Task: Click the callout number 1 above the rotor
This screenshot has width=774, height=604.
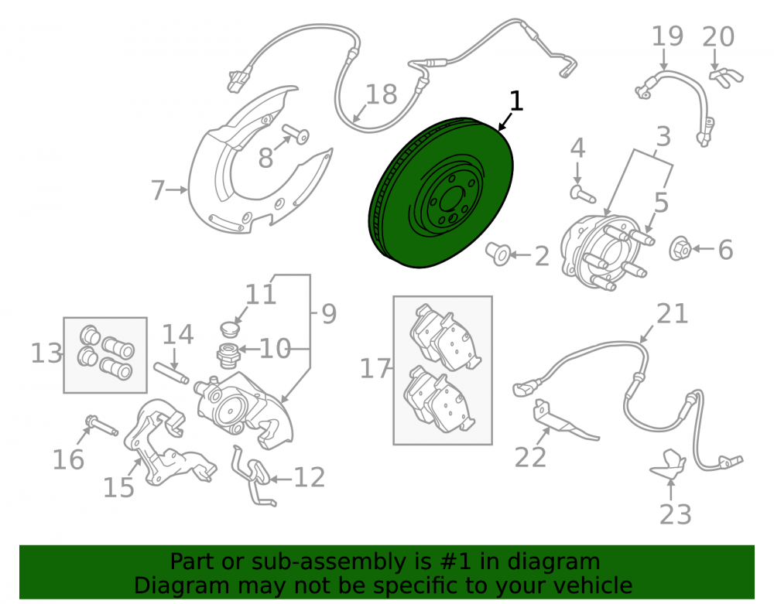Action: click(x=515, y=101)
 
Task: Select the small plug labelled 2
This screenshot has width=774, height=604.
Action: click(x=498, y=254)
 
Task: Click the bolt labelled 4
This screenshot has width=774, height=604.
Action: click(x=583, y=193)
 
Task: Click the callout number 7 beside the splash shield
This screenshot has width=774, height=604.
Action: click(x=157, y=189)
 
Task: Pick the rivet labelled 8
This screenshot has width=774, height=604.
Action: click(x=296, y=133)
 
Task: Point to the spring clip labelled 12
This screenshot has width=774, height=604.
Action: click(x=253, y=475)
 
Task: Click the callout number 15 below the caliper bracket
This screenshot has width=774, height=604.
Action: click(x=118, y=488)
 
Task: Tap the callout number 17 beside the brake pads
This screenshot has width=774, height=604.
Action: click(x=375, y=368)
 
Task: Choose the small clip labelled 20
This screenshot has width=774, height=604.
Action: click(x=726, y=77)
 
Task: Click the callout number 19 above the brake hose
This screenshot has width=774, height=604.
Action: click(x=667, y=36)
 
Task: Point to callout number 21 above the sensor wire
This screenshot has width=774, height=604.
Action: click(x=673, y=314)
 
